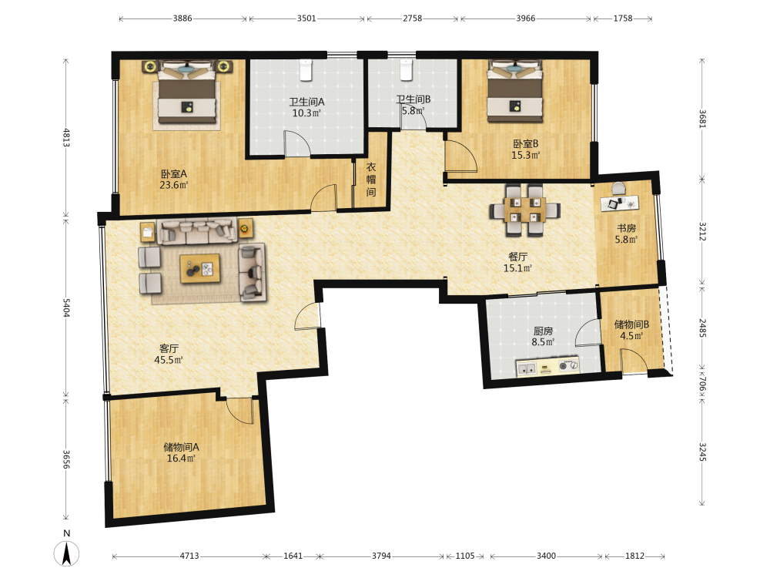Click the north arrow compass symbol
(66, 553)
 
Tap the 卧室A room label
(173, 174)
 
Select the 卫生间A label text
(306, 102)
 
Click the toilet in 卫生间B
(406, 69)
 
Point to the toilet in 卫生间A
(306, 70)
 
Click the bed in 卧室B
(514, 92)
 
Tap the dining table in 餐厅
(525, 210)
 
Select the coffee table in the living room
(200, 268)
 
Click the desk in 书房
(620, 203)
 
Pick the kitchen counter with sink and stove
(547, 367)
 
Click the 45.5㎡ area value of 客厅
(169, 360)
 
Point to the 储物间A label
(181, 447)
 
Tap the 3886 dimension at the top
(182, 18)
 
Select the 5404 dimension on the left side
(66, 307)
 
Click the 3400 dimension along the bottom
(546, 556)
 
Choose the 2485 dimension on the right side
(703, 328)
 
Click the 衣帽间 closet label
(371, 180)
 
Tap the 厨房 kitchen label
(543, 331)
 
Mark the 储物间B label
(631, 325)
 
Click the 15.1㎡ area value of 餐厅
(517, 268)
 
